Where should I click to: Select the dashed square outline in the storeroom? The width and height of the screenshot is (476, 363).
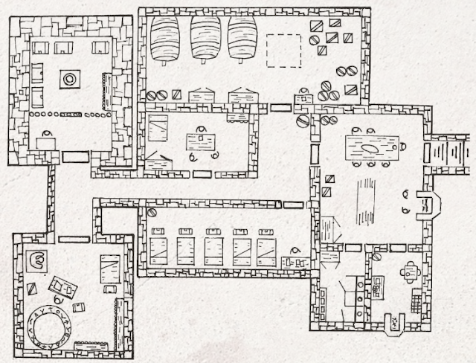283,51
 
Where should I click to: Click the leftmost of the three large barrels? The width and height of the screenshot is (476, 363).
164,39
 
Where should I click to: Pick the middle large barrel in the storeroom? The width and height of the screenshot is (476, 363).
205,39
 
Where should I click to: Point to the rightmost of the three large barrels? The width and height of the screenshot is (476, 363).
243,39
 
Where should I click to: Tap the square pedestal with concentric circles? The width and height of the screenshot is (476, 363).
70,77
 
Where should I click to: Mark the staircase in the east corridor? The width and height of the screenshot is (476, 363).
451,155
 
